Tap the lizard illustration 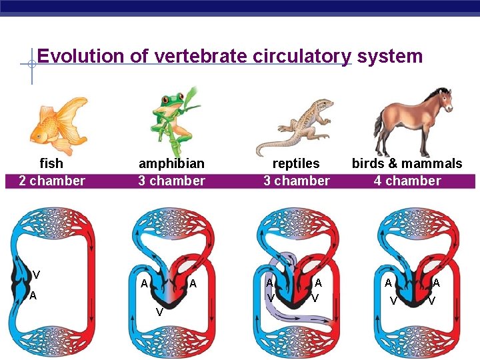(297, 127)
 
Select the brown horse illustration (413, 120)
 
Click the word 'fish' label (51, 163)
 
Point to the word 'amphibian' (171, 163)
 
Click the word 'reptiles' (296, 163)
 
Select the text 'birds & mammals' (407, 163)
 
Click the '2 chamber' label (52, 181)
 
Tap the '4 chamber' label (407, 181)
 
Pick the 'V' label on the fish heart (36, 275)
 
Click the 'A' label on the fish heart (33, 296)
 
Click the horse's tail (379, 127)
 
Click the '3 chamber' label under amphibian (171, 181)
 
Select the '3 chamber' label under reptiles (296, 181)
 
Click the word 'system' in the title (390, 56)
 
